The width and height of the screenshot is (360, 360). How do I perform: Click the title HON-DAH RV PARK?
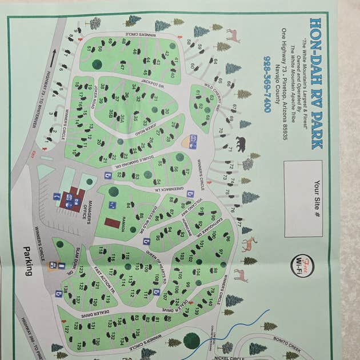click(315, 83)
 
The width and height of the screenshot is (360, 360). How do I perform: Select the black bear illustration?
click(240, 143)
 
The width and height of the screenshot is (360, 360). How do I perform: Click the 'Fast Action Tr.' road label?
click(104, 280)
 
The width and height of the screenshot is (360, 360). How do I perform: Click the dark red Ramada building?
click(113, 222)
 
